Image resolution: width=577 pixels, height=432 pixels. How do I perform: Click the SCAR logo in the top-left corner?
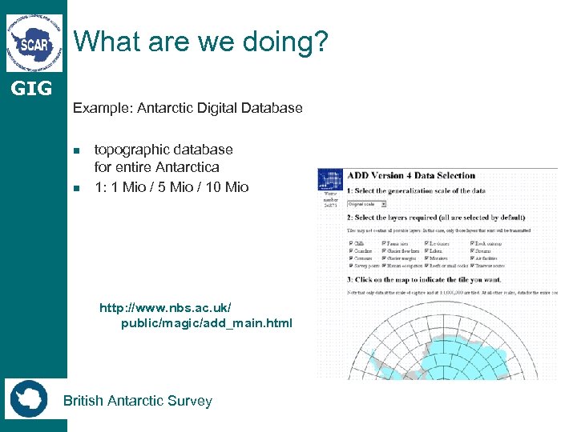(x=34, y=42)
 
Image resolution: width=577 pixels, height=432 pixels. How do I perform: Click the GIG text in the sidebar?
(x=32, y=88)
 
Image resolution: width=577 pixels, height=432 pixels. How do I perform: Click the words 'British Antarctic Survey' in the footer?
(x=138, y=401)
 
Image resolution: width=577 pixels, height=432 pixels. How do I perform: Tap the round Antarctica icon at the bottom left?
(x=29, y=398)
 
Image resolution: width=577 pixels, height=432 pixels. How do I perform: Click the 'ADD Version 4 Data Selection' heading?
(x=410, y=175)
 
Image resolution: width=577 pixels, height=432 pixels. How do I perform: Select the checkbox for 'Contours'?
(x=350, y=258)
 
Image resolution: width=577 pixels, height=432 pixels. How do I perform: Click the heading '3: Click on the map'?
(x=424, y=280)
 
